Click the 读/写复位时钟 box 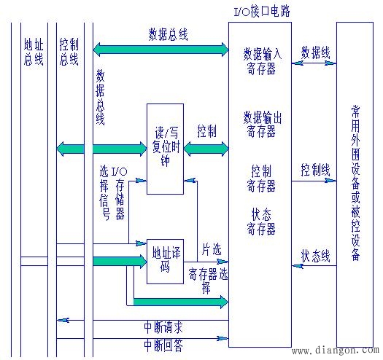pyautogui.click(x=165, y=149)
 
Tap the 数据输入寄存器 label pyautogui.click(x=260, y=60)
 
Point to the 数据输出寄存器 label pyautogui.click(x=260, y=123)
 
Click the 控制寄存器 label pyautogui.click(x=261, y=179)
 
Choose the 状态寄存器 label pyautogui.click(x=261, y=222)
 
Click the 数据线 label pyautogui.click(x=314, y=53)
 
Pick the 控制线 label pyautogui.click(x=314, y=169)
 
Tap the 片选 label pyautogui.click(x=212, y=249)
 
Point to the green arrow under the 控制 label pyautogui.click(x=206, y=149)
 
